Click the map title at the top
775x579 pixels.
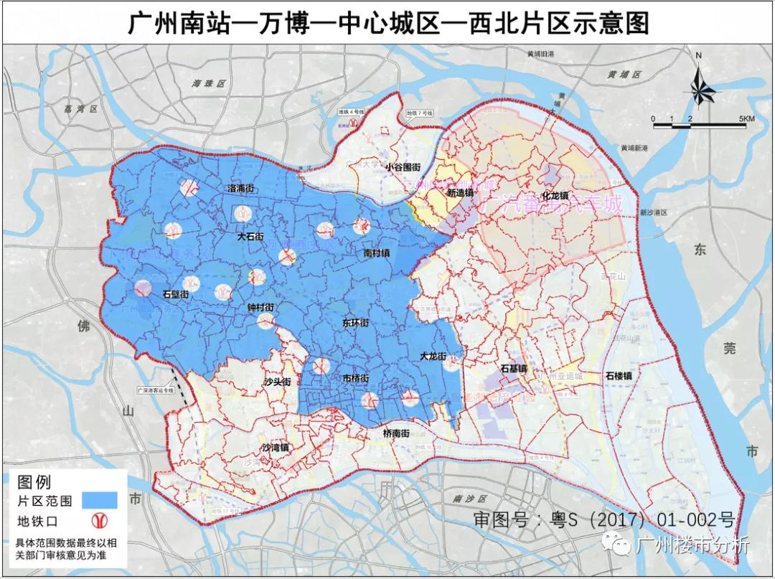[x=387, y=23]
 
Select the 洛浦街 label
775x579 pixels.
[x=241, y=188]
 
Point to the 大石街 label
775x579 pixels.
[x=250, y=235]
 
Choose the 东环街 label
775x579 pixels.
[x=355, y=323]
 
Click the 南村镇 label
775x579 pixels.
[x=376, y=253]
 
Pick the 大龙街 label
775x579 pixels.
[x=433, y=356]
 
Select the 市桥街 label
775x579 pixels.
[x=357, y=378]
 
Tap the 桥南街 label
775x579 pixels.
[x=396, y=433]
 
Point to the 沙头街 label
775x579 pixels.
[x=277, y=382]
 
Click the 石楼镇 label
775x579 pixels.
[x=618, y=375]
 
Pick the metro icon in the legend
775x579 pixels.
[x=99, y=520]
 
